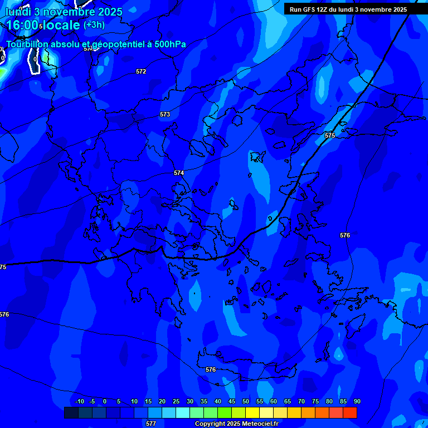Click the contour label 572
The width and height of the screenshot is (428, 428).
coord(141,71)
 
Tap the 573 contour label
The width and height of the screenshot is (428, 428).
coord(165,114)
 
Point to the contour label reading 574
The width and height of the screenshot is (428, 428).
coord(179,173)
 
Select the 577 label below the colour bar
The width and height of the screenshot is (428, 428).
coord(151,424)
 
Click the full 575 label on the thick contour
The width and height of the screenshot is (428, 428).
coord(330,135)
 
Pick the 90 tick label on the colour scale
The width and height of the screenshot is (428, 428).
coord(357,401)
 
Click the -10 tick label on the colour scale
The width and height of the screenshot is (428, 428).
coord(79,401)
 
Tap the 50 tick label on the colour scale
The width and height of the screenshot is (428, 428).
coord(246,401)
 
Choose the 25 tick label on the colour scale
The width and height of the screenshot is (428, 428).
coord(176,401)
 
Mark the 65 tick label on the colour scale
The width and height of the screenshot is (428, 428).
coord(288,401)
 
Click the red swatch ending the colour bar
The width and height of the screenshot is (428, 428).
coord(350,412)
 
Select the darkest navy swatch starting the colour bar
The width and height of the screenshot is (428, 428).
coord(71,412)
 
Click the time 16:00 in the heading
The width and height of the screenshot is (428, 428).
coord(22,25)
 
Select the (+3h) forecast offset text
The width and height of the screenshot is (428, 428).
coord(94,25)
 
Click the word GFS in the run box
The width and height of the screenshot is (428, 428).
coord(309,9)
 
